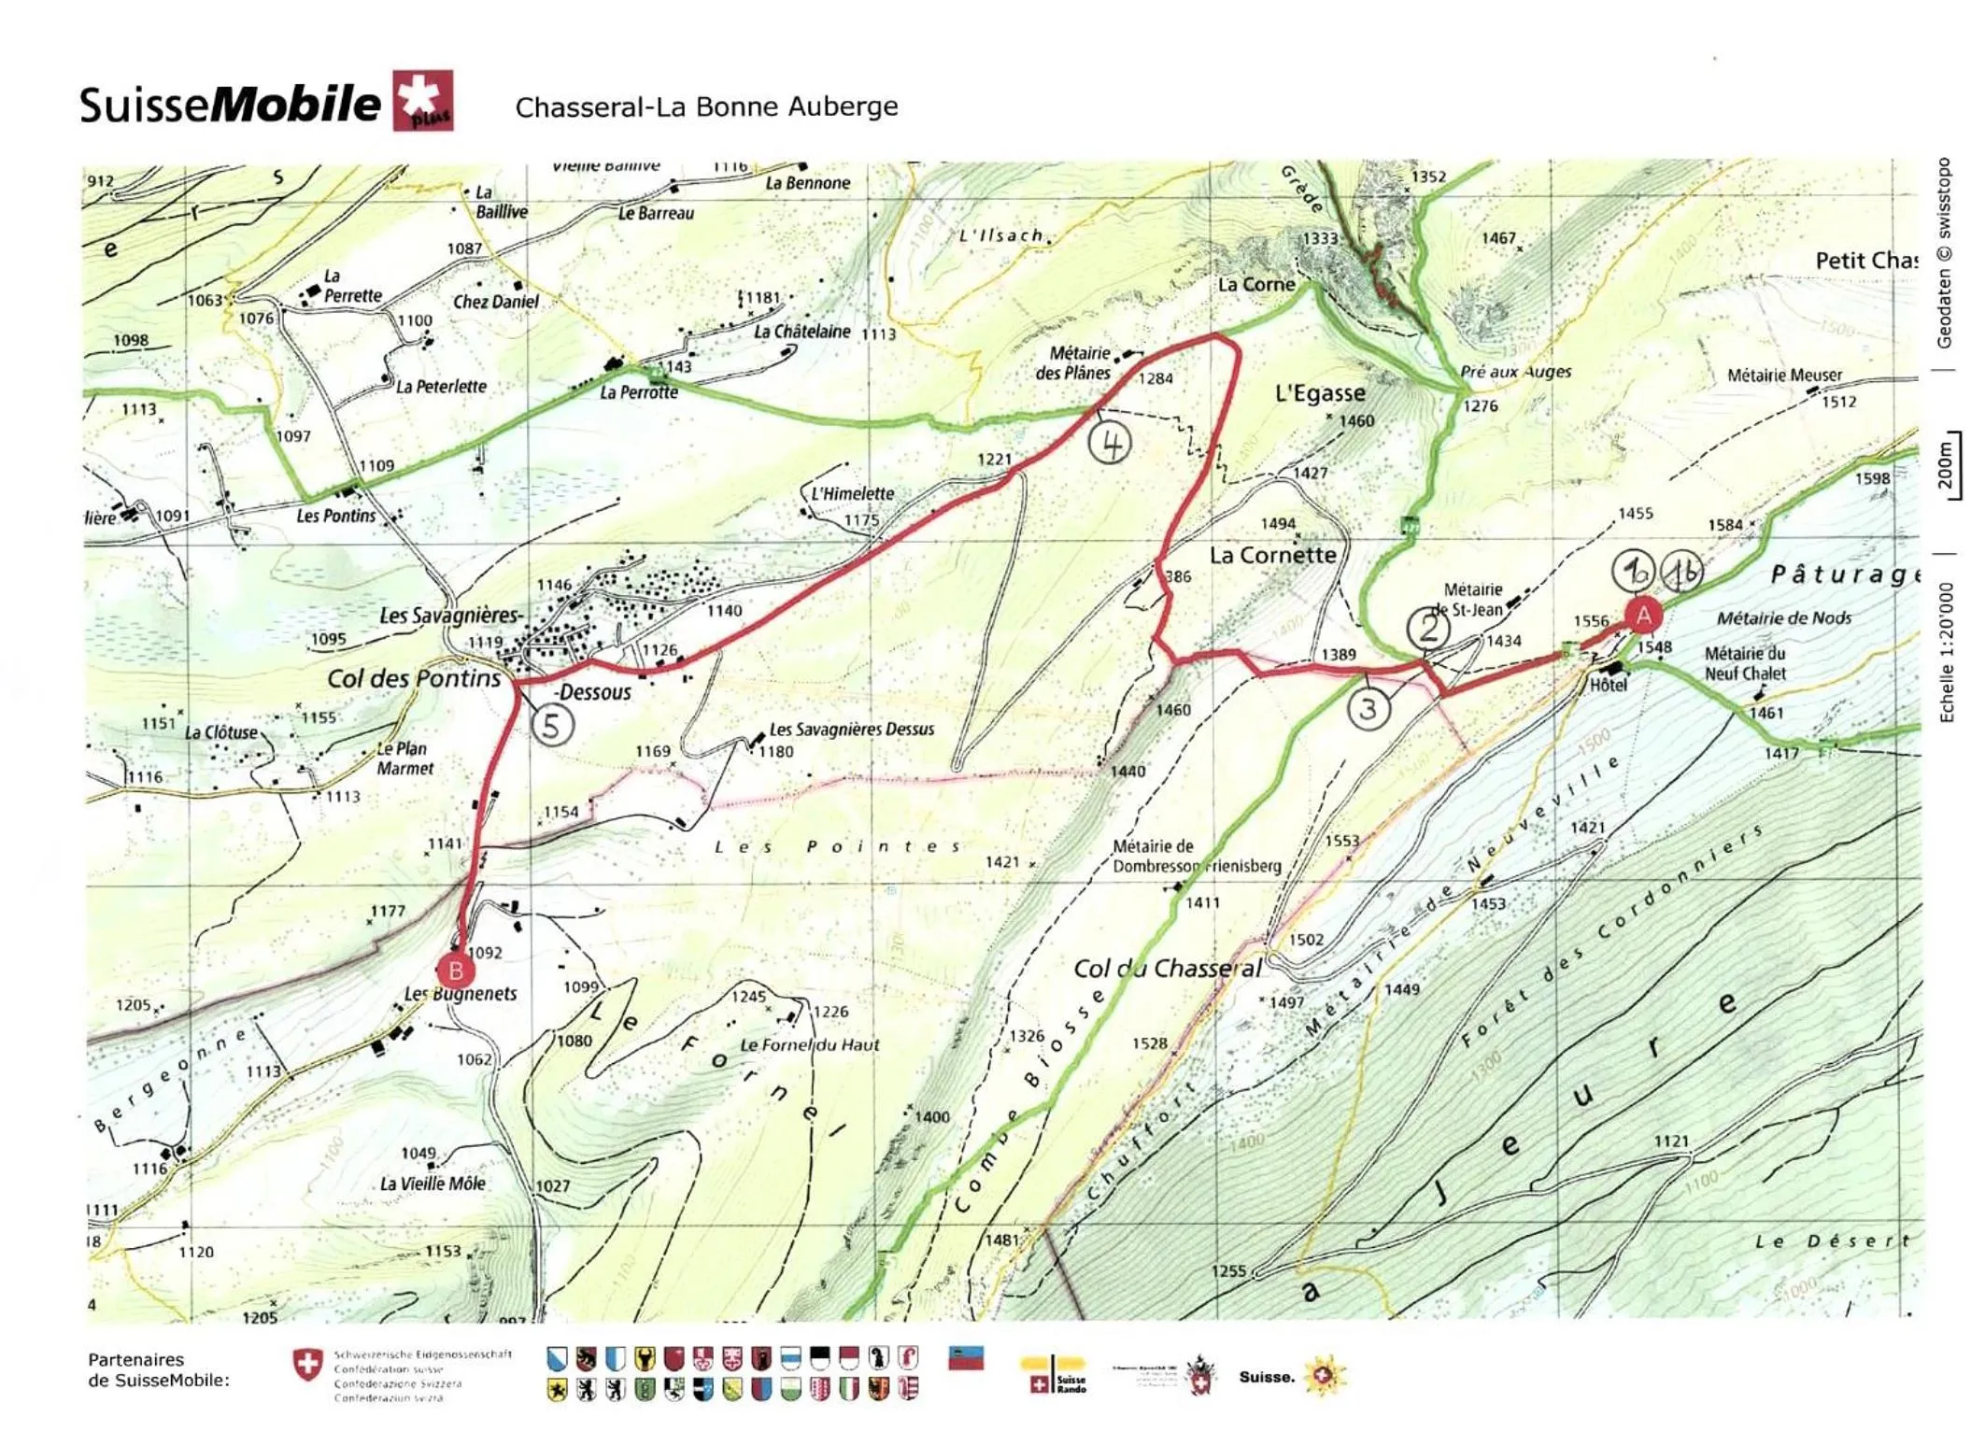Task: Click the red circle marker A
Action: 1642,615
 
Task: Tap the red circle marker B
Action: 455,971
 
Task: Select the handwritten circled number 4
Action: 1110,443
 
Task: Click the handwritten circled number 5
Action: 551,725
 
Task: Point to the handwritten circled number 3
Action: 1368,709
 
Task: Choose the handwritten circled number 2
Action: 1428,627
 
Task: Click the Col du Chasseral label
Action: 1167,968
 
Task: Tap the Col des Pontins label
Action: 414,678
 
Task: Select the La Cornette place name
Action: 1272,555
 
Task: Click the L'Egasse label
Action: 1319,393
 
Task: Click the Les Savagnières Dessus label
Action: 851,729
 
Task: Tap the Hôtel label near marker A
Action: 1608,686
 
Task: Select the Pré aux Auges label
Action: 1515,372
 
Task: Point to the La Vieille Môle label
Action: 432,1184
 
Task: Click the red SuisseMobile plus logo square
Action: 422,100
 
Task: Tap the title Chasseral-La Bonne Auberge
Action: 706,106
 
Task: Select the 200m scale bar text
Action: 1945,465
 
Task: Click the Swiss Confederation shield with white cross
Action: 307,1366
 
